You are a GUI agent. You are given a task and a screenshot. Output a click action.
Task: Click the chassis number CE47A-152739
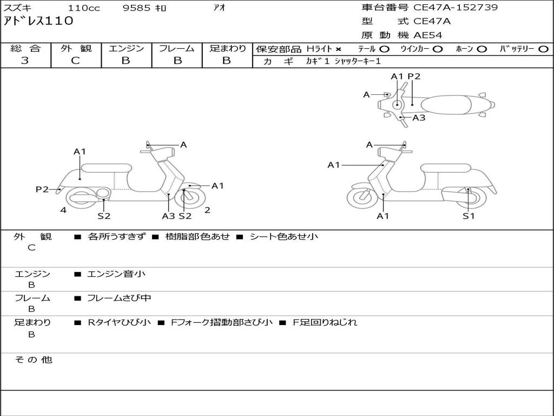click(456, 8)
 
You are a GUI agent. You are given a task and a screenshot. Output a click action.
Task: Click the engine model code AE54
click(428, 35)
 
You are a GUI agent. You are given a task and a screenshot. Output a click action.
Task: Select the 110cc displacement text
click(84, 8)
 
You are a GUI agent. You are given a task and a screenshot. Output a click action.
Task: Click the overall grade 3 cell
click(25, 61)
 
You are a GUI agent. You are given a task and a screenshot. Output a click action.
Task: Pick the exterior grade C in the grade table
click(75, 61)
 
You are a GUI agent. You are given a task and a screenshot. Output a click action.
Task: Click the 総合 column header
click(25, 48)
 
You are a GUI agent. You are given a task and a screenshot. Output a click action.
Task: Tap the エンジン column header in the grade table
click(126, 48)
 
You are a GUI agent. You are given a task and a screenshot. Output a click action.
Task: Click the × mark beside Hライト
click(339, 49)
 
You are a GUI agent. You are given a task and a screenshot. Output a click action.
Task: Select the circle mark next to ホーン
click(482, 49)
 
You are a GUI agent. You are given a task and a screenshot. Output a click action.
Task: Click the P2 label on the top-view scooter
click(414, 76)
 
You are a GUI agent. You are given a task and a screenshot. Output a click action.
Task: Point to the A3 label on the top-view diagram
click(419, 118)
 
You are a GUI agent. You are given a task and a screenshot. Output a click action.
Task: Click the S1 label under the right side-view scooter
click(469, 216)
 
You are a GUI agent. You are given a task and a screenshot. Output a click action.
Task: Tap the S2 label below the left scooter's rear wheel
click(104, 216)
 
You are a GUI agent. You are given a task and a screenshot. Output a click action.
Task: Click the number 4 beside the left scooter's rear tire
click(63, 210)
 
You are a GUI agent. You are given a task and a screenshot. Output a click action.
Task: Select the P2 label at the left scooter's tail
click(42, 189)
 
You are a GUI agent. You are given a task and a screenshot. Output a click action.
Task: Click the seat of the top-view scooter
click(447, 105)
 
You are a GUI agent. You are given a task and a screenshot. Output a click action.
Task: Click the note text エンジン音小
click(116, 274)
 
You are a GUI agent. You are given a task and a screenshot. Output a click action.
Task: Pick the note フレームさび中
click(119, 298)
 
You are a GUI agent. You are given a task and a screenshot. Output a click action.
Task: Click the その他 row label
click(32, 360)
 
